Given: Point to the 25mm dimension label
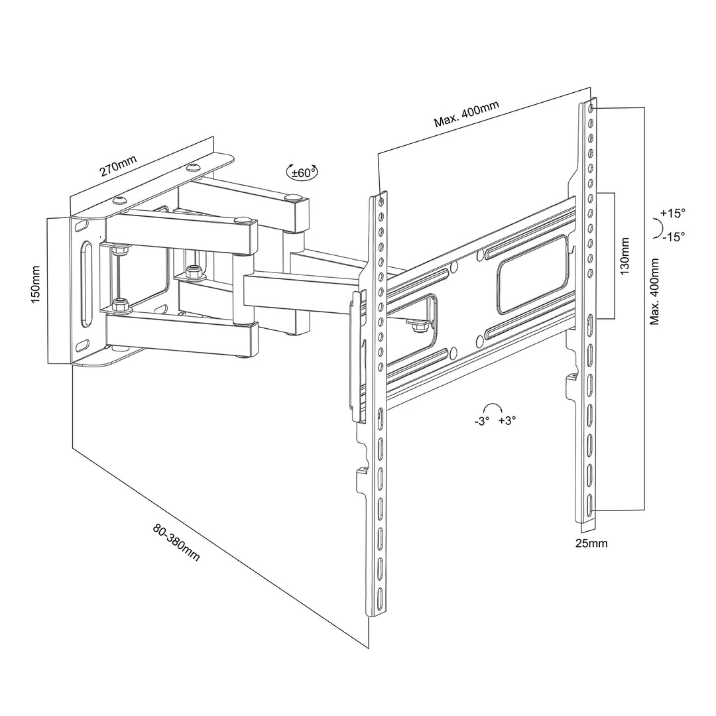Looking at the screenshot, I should pos(591,544).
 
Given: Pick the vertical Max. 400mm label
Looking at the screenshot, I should pos(654,292).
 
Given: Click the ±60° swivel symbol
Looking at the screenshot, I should pos(302,172).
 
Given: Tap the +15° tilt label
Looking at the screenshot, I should pos(672,213).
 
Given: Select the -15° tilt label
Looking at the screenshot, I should pos(672,236).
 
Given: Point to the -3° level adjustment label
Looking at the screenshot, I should pos(481,421).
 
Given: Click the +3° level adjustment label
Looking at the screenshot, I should pos(507,421).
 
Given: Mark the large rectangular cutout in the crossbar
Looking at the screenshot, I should pos(532,272).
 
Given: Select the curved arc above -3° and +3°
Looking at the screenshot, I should pos(493,408).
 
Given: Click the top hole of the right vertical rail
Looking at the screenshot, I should pos(590,107).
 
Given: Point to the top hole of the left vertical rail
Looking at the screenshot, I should pos(381,198).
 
